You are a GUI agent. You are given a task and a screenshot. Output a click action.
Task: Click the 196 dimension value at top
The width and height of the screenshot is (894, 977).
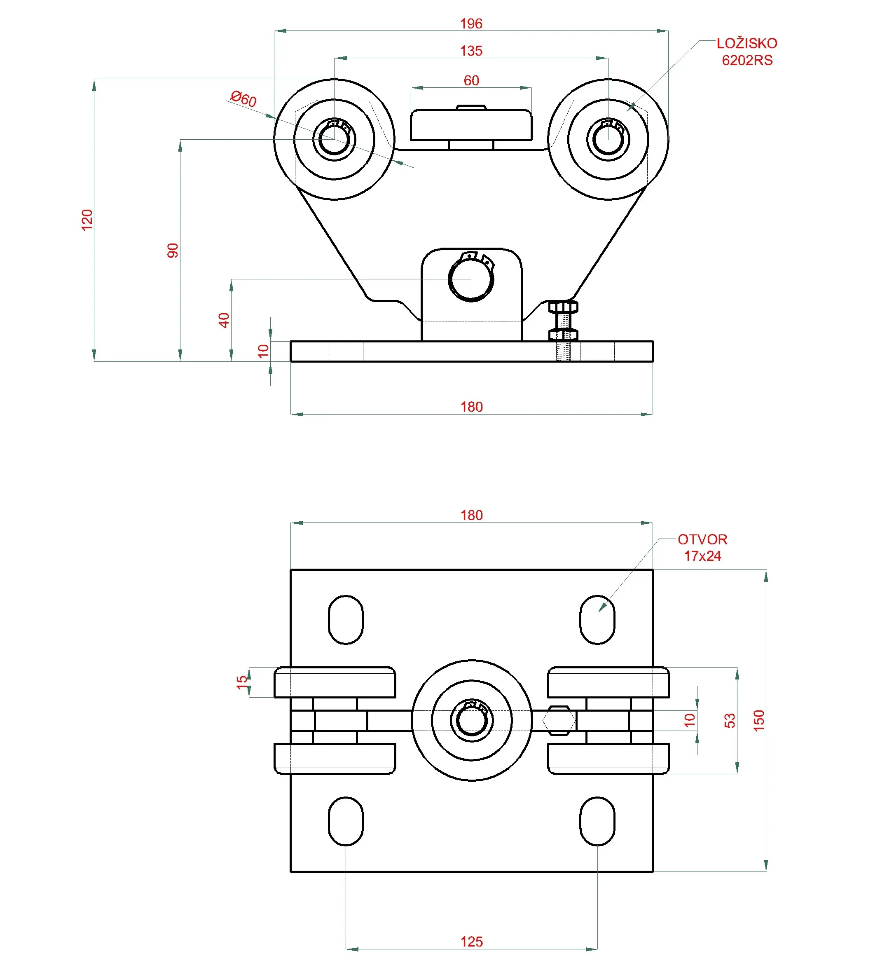[x=471, y=24]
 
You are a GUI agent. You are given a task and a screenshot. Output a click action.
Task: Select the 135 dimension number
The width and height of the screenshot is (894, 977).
[x=471, y=51]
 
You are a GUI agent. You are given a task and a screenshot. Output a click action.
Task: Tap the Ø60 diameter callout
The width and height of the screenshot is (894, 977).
[x=243, y=99]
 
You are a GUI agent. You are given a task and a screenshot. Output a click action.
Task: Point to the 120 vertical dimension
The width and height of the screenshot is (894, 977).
[x=87, y=220]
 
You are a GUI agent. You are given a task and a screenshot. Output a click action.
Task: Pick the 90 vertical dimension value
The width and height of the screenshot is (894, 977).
[x=173, y=251]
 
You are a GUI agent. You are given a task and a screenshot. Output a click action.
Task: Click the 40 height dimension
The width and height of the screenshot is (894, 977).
[x=224, y=320]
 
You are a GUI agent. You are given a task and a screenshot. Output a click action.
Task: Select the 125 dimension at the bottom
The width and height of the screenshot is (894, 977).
[x=471, y=942]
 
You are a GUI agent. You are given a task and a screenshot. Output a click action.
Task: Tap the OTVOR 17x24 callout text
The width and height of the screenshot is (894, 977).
[x=702, y=548]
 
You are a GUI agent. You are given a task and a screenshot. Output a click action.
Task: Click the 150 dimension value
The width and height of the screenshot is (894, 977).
[x=759, y=721]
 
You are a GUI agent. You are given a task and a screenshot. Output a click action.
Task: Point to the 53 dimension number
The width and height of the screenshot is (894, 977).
[x=730, y=721]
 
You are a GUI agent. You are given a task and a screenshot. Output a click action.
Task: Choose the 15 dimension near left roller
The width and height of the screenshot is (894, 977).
[x=242, y=682]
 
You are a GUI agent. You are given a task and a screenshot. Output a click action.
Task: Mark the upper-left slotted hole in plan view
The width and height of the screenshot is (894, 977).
[x=346, y=620]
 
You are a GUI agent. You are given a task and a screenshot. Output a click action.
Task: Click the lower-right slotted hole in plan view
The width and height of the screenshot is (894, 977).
[x=597, y=821]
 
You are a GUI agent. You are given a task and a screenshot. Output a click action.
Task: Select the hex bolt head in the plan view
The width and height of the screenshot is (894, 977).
[x=559, y=721]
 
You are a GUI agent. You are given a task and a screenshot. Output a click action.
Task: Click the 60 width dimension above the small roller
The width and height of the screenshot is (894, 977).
[x=471, y=80]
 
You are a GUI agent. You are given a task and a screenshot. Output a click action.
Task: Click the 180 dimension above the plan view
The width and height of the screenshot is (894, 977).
[x=471, y=515]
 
